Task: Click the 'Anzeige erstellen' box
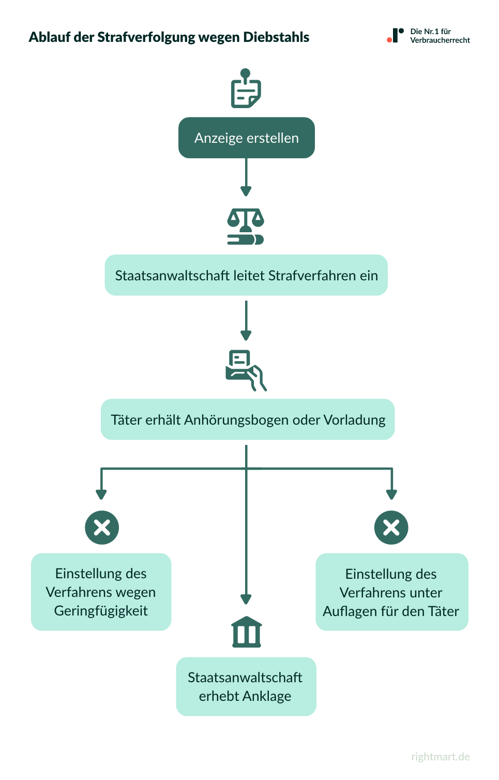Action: coord(246,138)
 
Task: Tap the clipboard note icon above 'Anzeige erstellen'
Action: coord(246,89)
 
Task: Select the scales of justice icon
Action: coord(246,227)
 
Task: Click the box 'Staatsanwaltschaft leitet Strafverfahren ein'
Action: coord(246,275)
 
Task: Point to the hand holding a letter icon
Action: coord(246,370)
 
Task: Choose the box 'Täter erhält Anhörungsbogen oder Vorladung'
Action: coord(247,419)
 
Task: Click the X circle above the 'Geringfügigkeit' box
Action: coord(102,528)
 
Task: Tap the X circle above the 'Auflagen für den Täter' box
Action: coord(391,528)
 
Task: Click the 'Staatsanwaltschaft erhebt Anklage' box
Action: coord(246,686)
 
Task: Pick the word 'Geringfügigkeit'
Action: coord(101,611)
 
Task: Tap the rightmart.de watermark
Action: coord(441,757)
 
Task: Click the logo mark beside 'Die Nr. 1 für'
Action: coord(396,36)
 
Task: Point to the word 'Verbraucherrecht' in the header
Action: coord(440,40)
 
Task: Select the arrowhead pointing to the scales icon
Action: coord(246,191)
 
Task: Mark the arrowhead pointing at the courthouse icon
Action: coord(246,599)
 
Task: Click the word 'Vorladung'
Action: coord(354,419)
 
